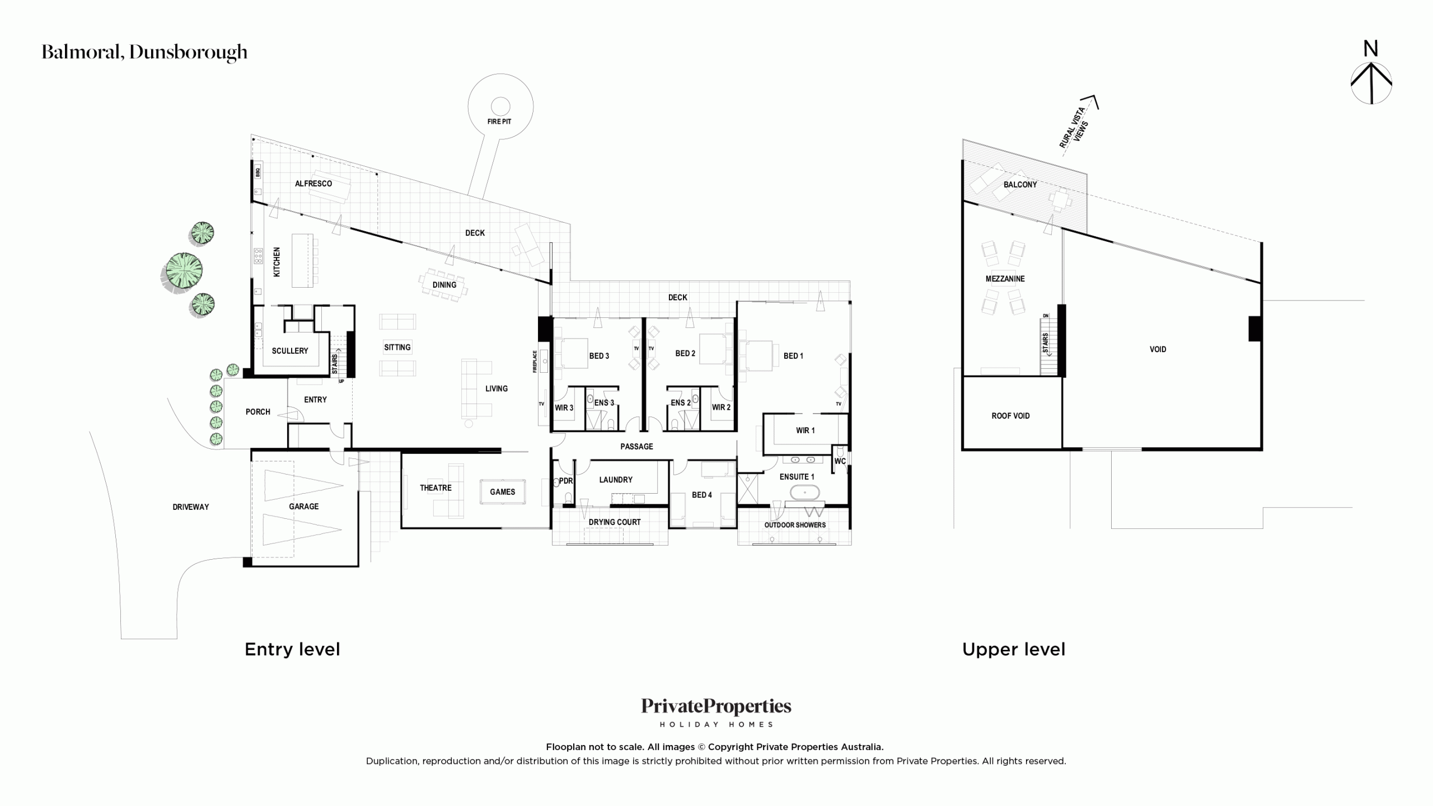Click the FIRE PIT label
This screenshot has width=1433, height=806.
499,121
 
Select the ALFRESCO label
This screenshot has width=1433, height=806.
313,184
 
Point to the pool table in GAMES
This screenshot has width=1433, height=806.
503,492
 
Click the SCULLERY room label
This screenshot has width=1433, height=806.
290,351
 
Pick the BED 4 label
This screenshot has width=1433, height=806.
702,495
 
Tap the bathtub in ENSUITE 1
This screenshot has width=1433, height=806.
804,493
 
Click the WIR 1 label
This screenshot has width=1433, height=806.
806,430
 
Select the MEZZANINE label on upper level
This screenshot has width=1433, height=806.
1005,279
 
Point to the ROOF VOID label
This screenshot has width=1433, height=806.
1010,416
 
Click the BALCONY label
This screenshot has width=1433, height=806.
1020,185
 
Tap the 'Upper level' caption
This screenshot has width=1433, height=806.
1014,649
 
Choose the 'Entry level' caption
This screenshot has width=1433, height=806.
292,649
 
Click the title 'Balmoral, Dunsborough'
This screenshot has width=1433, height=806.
144,52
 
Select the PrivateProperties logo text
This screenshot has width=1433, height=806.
716,706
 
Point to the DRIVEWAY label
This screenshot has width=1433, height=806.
191,507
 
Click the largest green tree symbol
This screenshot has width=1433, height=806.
182,271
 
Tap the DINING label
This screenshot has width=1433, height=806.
444,285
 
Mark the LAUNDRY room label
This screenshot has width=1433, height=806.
616,480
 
